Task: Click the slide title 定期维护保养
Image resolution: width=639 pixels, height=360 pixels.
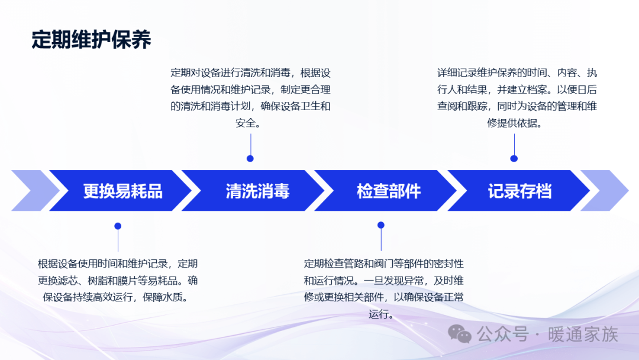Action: tap(91, 40)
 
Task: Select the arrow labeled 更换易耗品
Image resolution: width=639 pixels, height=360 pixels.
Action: tap(121, 191)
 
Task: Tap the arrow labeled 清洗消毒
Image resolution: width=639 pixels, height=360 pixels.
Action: tap(253, 191)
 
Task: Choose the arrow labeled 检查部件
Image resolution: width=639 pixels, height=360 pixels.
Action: tap(386, 191)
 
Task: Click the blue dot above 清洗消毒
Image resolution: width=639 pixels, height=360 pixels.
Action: tap(250, 159)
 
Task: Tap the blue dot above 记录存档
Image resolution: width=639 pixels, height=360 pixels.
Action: tap(514, 159)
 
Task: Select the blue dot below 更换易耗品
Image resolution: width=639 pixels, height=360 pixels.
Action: tap(118, 226)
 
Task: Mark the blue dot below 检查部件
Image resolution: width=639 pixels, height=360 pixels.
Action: tap(381, 225)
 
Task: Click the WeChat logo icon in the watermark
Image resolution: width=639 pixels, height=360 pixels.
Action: tap(460, 335)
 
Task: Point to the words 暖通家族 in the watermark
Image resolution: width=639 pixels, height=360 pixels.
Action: tap(583, 335)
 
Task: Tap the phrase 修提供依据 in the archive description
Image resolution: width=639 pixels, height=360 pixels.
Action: tap(512, 123)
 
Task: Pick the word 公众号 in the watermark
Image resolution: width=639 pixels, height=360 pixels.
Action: tap(503, 335)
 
